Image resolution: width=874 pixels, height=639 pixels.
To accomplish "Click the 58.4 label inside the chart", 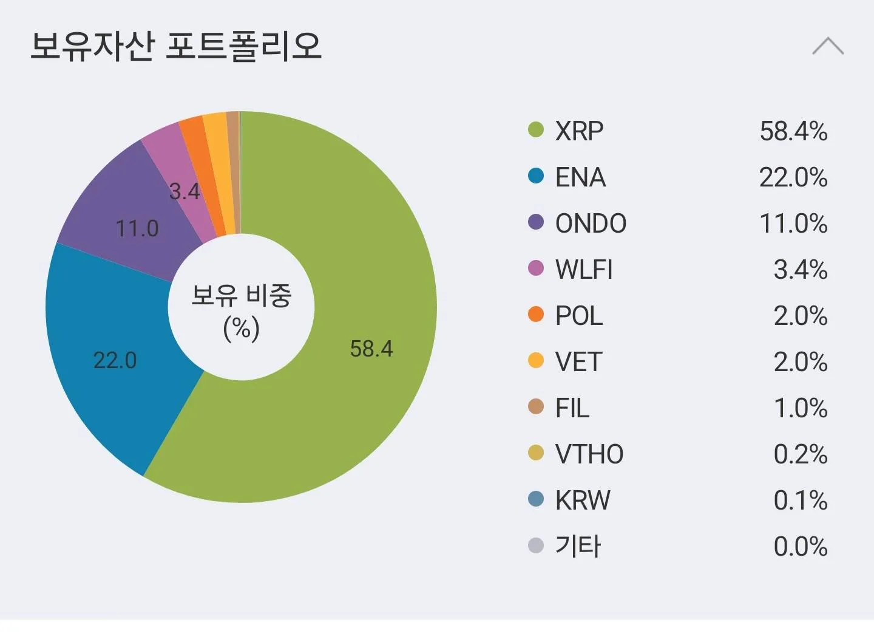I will point(371,349).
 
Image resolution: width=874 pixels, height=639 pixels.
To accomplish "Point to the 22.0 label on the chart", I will point(115,360).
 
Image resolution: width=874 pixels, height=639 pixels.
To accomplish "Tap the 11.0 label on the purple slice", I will point(137,228).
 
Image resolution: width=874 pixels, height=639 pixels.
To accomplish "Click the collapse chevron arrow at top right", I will point(828,46).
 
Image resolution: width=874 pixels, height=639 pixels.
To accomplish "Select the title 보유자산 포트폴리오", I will point(176,46).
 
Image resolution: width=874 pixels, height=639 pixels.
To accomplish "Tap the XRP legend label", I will point(579,131).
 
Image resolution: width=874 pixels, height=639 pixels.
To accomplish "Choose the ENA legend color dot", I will point(536,176).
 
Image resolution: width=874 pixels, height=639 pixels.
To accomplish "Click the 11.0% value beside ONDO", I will point(793,224).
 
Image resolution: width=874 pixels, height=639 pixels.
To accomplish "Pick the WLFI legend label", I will point(584,270).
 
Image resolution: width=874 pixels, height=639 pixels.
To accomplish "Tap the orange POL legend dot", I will point(536,315).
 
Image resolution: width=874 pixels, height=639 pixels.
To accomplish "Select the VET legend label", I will point(578,362).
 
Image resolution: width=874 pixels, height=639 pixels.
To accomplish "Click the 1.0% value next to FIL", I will point(800,408).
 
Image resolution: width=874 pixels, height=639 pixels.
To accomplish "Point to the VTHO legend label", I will point(589,454).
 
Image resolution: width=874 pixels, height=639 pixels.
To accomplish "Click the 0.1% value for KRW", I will point(800,501).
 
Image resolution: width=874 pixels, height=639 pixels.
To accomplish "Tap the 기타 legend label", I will point(578,547).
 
